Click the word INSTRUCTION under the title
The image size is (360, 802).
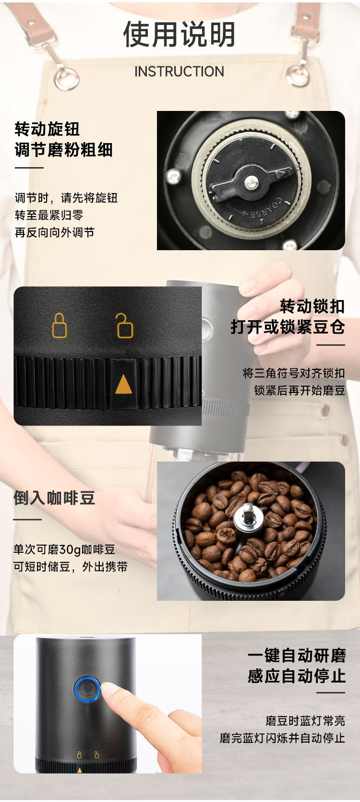(x=180, y=72)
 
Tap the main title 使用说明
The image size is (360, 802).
(x=180, y=35)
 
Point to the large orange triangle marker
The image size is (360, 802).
(x=123, y=384)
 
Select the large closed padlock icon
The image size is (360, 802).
(x=60, y=326)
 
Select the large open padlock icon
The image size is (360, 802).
(x=124, y=326)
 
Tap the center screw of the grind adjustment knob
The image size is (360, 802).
(x=251, y=182)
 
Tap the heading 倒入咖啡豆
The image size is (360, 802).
(x=54, y=498)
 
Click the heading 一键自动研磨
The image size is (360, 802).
(x=297, y=656)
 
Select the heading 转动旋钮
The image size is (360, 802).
(x=47, y=129)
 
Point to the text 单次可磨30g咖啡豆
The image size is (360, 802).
(x=64, y=549)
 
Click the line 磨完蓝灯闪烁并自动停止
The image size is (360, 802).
(x=282, y=738)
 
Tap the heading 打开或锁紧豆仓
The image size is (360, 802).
(x=288, y=327)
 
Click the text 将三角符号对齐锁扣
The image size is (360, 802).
(x=294, y=373)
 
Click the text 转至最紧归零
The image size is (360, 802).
(x=49, y=215)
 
